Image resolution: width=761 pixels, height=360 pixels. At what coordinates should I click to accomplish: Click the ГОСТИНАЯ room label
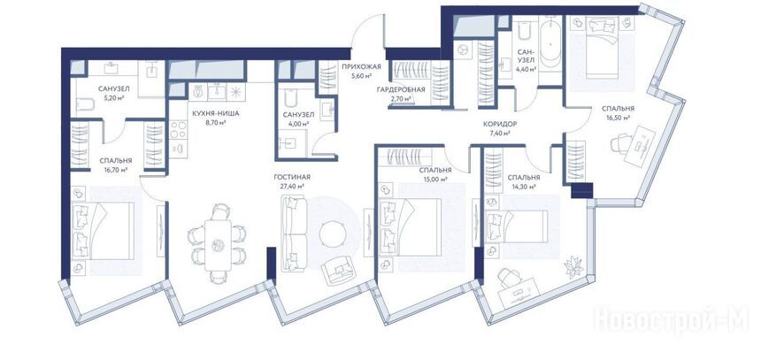point(292,177)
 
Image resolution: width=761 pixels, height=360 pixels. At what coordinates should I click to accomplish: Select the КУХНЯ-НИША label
point(216,113)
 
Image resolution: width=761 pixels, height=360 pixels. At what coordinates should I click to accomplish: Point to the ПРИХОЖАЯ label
point(361,67)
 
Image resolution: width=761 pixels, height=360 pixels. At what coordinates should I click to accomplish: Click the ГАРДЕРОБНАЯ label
point(400,89)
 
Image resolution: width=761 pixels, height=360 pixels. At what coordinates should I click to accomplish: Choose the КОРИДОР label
point(499,124)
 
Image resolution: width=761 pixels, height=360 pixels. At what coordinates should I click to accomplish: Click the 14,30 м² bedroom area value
point(523,187)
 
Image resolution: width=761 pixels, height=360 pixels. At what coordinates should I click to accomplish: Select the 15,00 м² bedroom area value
point(434,179)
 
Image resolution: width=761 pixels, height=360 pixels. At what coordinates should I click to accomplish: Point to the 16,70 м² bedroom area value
point(116,169)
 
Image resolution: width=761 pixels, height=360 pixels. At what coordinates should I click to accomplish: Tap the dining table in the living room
point(218,245)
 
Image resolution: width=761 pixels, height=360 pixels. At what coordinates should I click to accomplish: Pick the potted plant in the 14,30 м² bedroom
point(574,267)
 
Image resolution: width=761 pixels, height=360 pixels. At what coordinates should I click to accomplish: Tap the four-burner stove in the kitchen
point(178,129)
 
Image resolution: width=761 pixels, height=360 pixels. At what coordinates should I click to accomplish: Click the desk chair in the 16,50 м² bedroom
point(620,144)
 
